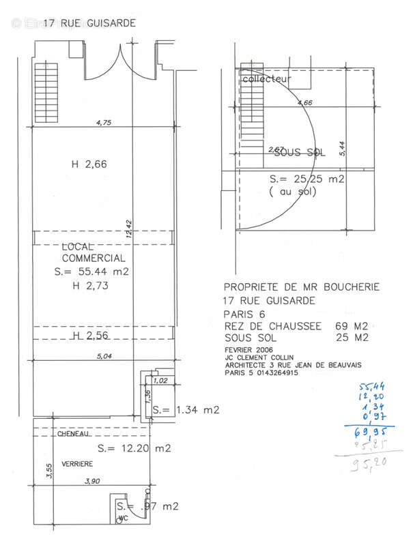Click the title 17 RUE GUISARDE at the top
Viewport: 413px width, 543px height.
click(x=89, y=23)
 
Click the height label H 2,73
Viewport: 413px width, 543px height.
click(x=90, y=285)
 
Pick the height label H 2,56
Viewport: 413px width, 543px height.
click(x=90, y=336)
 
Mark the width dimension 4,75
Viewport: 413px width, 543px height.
click(x=104, y=123)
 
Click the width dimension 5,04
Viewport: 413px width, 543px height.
click(x=103, y=355)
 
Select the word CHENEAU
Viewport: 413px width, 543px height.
click(x=74, y=434)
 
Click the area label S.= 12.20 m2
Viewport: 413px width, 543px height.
click(x=134, y=448)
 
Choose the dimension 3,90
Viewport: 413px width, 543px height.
click(x=93, y=481)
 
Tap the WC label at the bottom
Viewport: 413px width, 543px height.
click(x=124, y=518)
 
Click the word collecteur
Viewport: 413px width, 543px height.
click(x=267, y=79)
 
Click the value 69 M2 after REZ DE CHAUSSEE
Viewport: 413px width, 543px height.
click(x=352, y=325)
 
